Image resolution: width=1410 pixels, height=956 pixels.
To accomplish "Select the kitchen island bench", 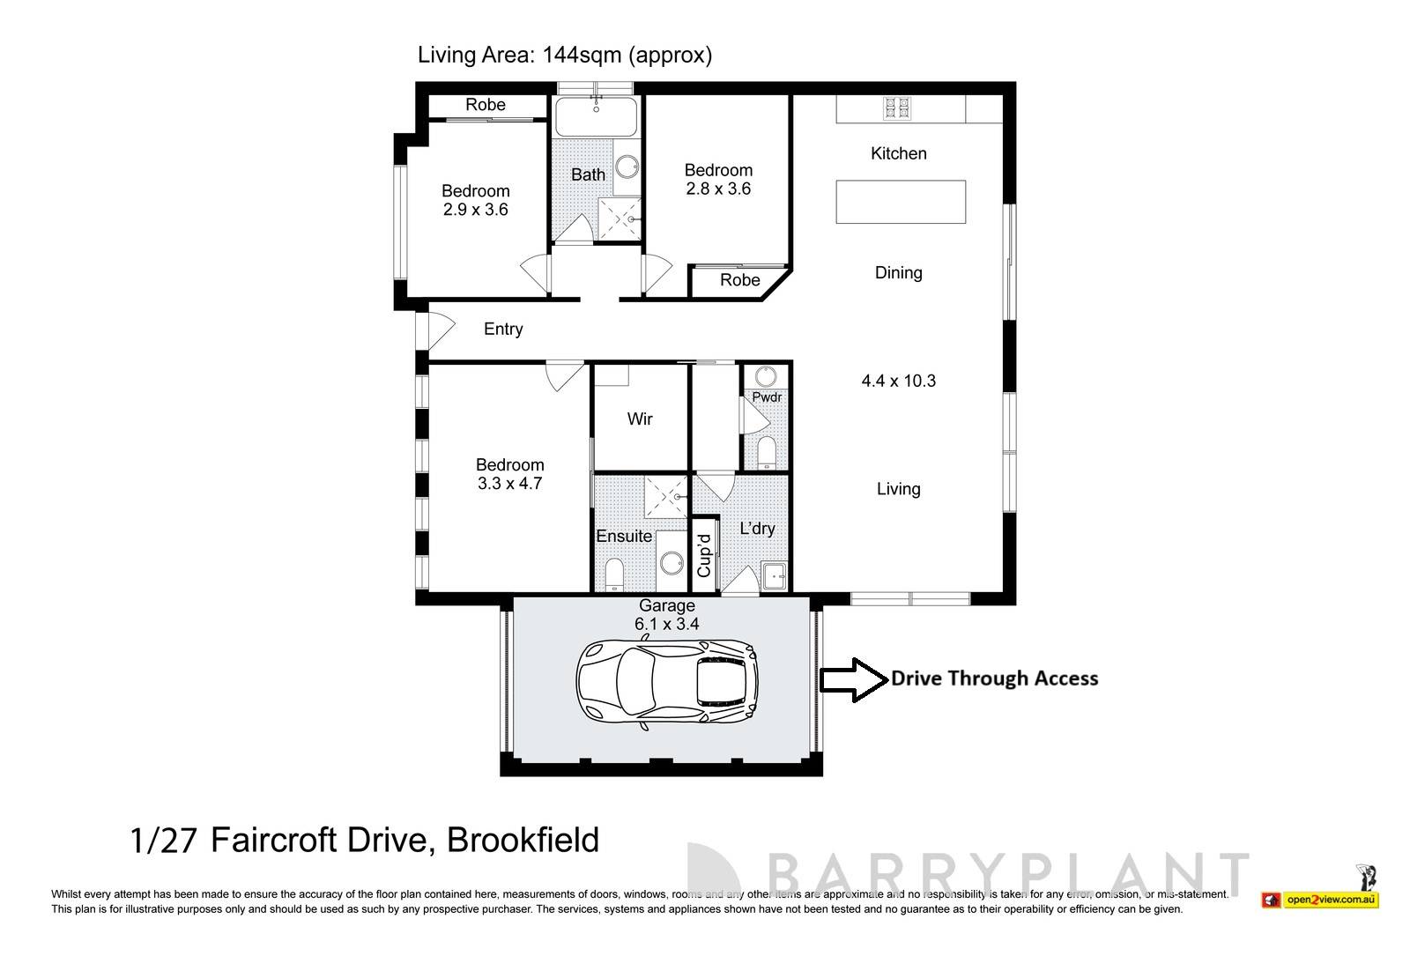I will pos(900,202).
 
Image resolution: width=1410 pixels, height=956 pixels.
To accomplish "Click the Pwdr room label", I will pos(767,397).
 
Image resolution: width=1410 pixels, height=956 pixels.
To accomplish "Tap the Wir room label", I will pos(640,419).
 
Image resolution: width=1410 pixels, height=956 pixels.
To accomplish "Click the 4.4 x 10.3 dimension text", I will pos(898,382).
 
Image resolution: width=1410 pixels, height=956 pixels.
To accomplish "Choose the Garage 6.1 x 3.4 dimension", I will pos(667,624).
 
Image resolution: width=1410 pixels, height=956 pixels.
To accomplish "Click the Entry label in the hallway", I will pos(503,330).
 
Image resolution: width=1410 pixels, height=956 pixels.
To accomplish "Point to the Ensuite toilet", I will pos(614,574).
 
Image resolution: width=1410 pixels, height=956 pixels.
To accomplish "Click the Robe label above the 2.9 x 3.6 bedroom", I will pos(486,105).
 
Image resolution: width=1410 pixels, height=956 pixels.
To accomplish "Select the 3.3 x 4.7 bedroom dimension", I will pos(509,484).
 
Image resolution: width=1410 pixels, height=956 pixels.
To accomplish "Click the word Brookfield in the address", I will pos(523,840).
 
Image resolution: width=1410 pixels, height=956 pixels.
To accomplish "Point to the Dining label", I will pos(898,273).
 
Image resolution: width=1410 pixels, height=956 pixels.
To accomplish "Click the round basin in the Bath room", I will pos(627,167).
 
